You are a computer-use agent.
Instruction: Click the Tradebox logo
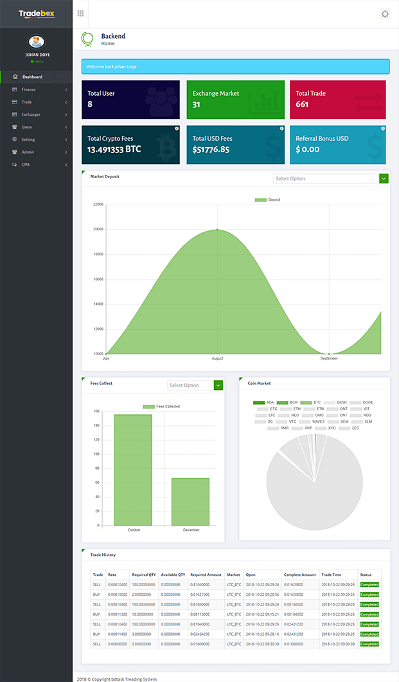(x=36, y=14)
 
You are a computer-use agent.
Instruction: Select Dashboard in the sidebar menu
(x=32, y=77)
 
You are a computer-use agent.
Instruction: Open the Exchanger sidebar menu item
(x=30, y=115)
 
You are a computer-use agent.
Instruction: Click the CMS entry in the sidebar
(x=26, y=165)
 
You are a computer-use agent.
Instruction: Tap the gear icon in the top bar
(x=385, y=14)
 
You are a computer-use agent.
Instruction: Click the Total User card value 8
(x=90, y=104)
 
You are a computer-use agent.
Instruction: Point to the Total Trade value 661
(x=302, y=104)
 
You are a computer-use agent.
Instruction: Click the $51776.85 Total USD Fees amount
(x=211, y=149)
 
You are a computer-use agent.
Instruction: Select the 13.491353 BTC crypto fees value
(x=114, y=149)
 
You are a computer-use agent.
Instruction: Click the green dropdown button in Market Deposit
(x=384, y=178)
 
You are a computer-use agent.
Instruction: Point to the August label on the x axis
(x=217, y=358)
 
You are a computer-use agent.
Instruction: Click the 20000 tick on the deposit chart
(x=98, y=229)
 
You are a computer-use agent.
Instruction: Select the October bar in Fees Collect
(x=133, y=470)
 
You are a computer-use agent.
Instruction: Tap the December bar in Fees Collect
(x=190, y=501)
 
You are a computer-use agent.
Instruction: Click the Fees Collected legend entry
(x=161, y=407)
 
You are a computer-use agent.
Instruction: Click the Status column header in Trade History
(x=366, y=575)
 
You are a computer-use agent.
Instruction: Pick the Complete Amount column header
(x=299, y=575)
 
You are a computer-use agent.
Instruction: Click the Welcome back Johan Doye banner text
(x=112, y=66)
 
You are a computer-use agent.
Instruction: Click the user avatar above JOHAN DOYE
(x=37, y=42)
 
